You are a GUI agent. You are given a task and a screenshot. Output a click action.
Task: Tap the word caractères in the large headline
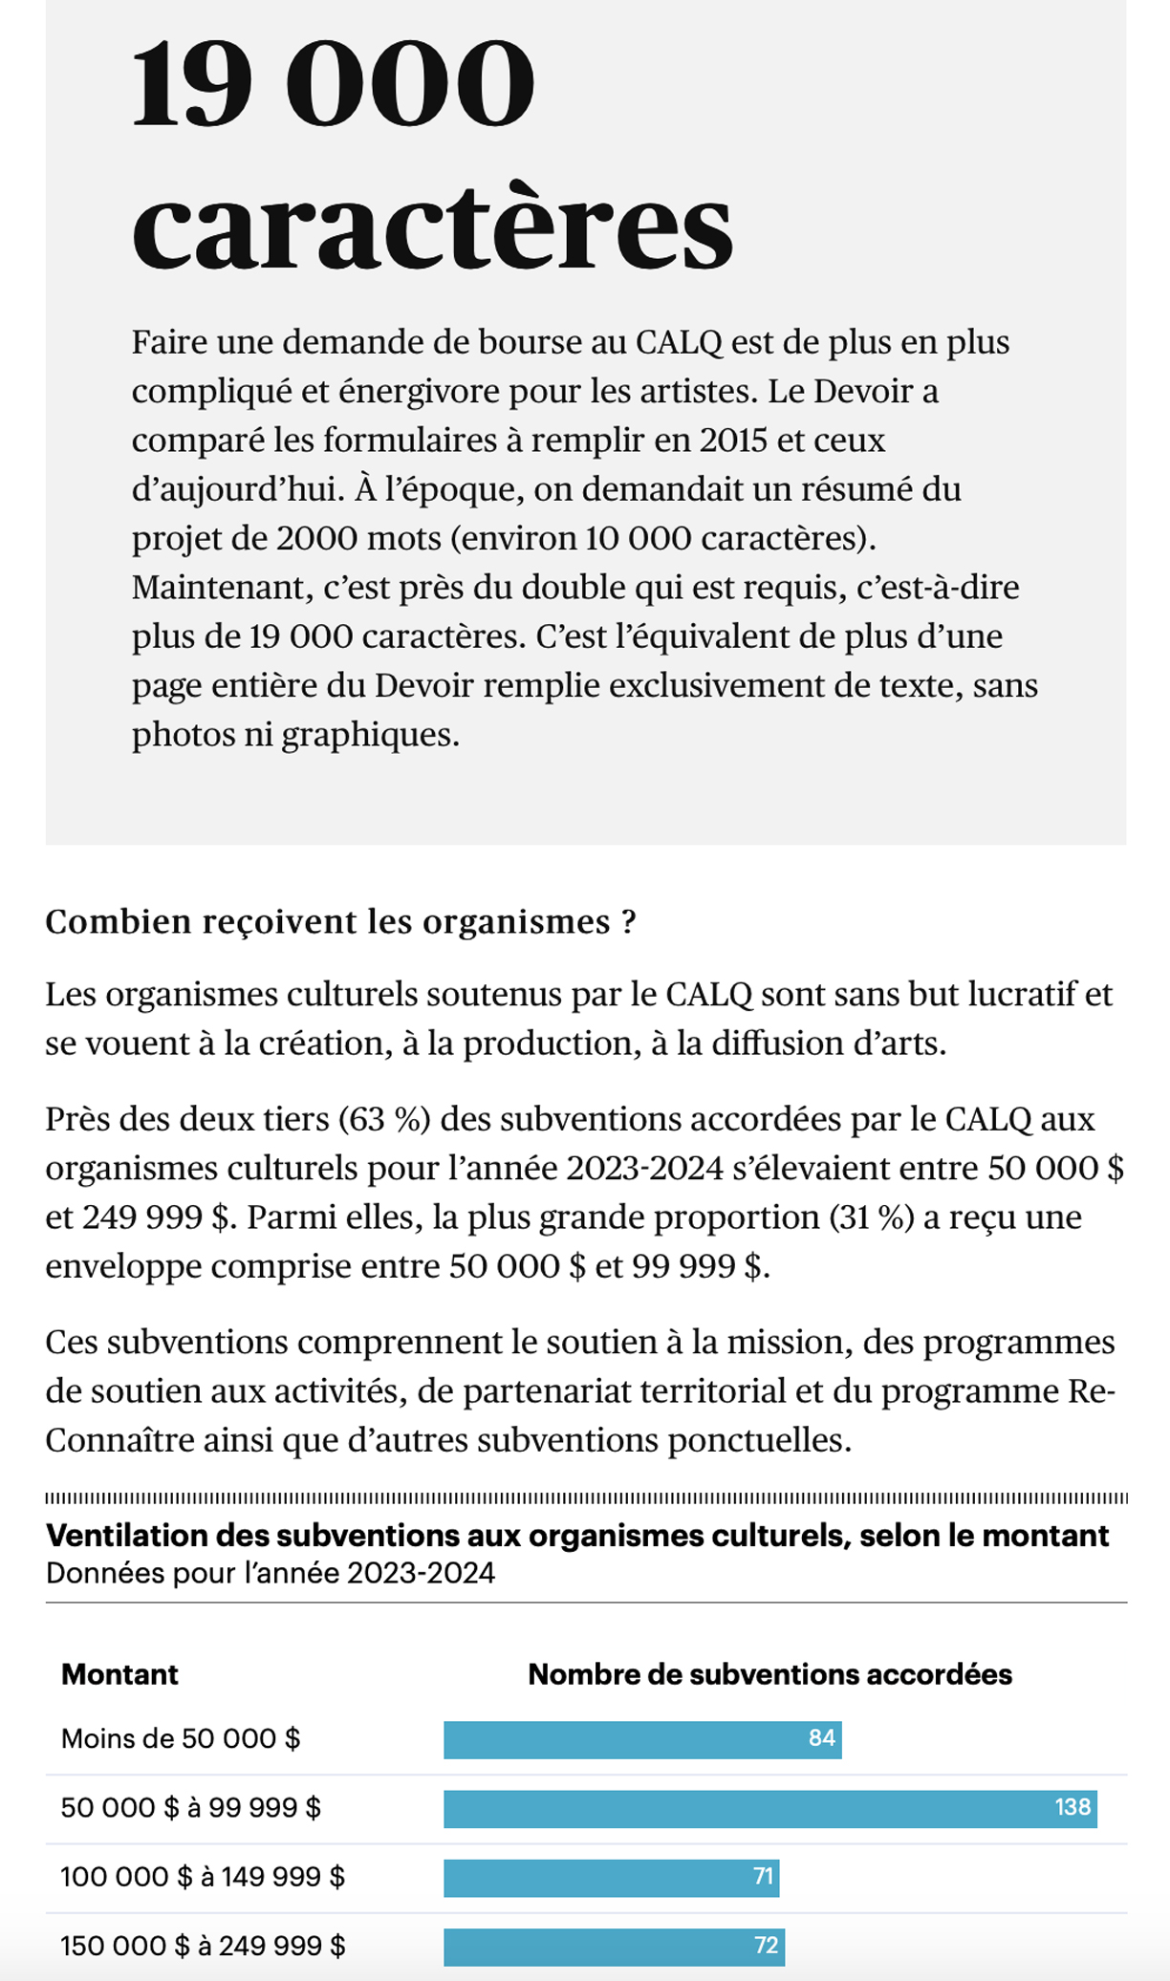pos(432,226)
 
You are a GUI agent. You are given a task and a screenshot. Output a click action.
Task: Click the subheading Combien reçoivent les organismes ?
pos(340,921)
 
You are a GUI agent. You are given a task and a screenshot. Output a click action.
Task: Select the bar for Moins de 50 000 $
pos(642,1739)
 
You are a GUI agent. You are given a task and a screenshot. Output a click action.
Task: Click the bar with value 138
pos(769,1808)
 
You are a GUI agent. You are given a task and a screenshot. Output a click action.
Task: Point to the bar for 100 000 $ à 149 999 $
pos(611,1877)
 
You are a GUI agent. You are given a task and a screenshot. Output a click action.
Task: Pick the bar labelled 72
pos(614,1946)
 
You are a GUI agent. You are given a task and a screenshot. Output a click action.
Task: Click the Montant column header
pos(119,1674)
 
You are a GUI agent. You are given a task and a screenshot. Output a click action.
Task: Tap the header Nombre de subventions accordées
pos(769,1674)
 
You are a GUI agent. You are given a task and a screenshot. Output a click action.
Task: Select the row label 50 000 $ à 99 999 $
pos(191,1808)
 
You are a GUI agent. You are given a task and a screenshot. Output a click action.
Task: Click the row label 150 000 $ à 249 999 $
pos(203,1946)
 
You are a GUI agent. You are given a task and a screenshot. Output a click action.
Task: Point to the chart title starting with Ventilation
pos(577,1536)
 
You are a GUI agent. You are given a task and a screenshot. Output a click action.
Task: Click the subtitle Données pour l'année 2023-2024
pos(271,1573)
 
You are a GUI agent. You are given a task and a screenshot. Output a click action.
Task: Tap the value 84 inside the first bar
pos(821,1738)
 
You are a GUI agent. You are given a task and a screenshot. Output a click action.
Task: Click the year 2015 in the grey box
pos(733,440)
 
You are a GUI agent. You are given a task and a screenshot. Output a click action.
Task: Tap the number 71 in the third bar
pos(763,1876)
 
